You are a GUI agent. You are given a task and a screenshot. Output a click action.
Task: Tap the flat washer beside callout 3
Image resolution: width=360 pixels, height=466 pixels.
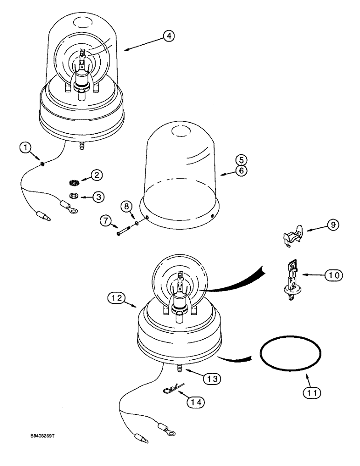(74, 194)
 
